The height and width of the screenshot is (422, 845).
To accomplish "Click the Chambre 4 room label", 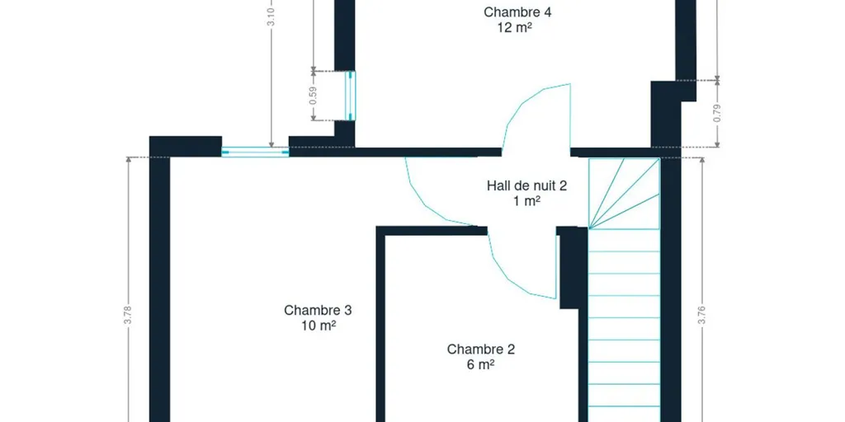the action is coord(517,12).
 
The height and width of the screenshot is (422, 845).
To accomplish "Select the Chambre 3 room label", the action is coord(318,310).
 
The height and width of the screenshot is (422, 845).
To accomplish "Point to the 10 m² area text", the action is coord(319,326).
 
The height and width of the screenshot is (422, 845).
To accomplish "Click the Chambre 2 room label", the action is coord(481,349).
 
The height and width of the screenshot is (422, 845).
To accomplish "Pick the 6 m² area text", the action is coord(481,364).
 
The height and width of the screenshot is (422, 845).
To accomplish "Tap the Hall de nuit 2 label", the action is coord(526,185).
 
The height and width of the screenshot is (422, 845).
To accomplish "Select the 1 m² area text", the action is coord(526,201).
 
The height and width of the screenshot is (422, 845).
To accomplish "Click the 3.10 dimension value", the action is coord(271,16).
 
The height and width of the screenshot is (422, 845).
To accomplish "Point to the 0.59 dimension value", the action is coord(314,96).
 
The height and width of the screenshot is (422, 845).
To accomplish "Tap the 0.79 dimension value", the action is coord(717,113).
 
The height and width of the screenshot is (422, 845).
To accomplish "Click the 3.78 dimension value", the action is coord(128,315).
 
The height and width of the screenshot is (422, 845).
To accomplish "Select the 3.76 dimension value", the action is coord(701,315).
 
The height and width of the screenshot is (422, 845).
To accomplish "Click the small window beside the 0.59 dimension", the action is coord(350,96).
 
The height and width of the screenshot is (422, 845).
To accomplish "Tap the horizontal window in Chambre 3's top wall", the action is coord(255,152).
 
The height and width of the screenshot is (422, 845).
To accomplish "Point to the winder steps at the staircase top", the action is coord(624,193).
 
